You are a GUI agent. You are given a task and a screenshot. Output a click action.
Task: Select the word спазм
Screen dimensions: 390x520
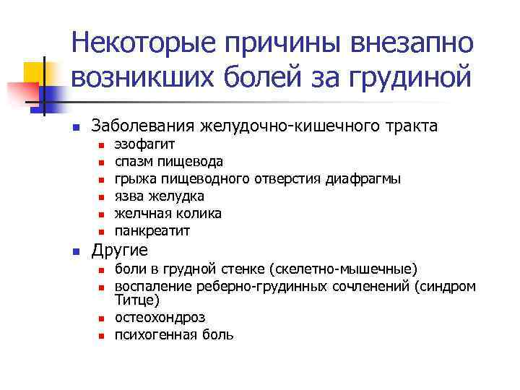tap(135, 161)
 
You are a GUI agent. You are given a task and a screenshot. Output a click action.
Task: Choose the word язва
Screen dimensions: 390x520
tap(130, 196)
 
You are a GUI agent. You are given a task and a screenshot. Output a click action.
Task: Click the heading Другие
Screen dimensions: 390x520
tap(120, 251)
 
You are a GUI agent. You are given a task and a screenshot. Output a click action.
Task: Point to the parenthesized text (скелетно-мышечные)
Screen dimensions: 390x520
tap(342, 269)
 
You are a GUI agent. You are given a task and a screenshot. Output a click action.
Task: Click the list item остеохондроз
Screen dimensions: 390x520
tap(160, 317)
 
